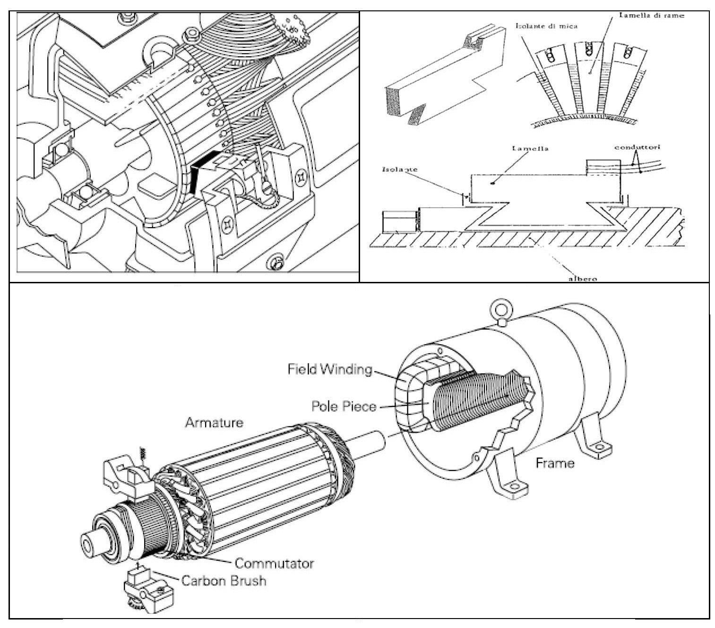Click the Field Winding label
point(330,369)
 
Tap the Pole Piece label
point(344,406)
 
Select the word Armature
point(214,423)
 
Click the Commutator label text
point(274,563)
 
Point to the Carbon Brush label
point(224,580)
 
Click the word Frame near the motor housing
point(555,463)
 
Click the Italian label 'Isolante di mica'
point(546,26)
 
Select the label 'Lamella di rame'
point(652,15)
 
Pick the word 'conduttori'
point(637,147)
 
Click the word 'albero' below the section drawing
point(582,279)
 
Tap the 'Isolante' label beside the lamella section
point(400,169)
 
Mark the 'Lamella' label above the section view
point(530,148)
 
